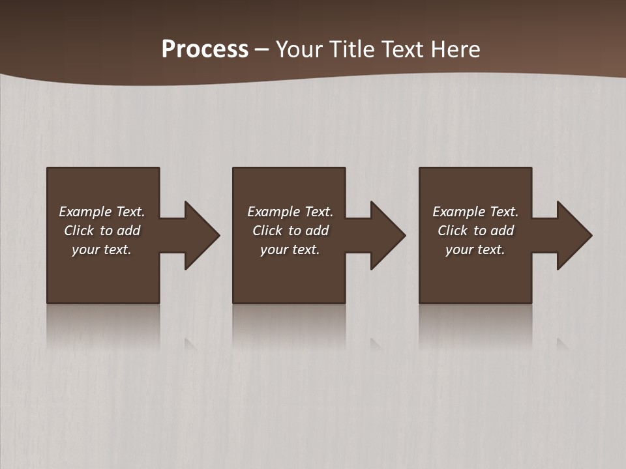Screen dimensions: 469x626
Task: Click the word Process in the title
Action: (205, 50)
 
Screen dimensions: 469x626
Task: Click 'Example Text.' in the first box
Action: (102, 212)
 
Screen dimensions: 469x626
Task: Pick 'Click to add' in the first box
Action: (102, 231)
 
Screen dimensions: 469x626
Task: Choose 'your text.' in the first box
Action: (102, 249)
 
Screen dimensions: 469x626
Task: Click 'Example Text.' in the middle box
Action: (290, 212)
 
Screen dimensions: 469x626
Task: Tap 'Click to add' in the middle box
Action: (290, 231)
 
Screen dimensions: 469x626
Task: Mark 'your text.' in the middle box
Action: (290, 249)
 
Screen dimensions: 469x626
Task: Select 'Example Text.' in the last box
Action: (475, 212)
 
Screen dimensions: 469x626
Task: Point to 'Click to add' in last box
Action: (475, 231)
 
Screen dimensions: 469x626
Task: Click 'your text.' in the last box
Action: (475, 249)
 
